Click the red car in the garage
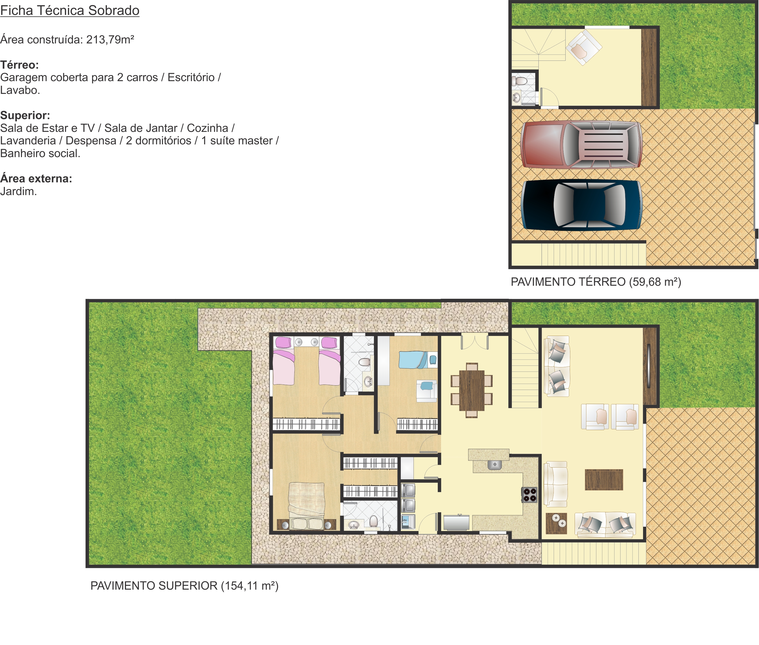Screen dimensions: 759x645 coord(581,144)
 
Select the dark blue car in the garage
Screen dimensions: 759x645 coord(581,205)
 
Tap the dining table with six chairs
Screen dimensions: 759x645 coord(471,390)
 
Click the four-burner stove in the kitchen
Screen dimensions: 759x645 coord(529,495)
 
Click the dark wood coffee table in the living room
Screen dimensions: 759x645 coord(604,479)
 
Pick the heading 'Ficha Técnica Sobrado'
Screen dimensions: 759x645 coord(70,11)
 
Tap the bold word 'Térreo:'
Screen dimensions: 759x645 coord(19,65)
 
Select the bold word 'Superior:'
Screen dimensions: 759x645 coord(25,116)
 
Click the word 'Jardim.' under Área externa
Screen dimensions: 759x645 coord(18,191)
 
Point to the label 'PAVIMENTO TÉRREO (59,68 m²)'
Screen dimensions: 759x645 coord(596,282)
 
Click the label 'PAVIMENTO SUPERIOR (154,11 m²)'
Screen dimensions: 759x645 coord(184,586)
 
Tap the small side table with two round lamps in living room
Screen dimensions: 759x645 coord(556,523)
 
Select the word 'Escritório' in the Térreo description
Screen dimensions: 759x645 coord(191,78)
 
